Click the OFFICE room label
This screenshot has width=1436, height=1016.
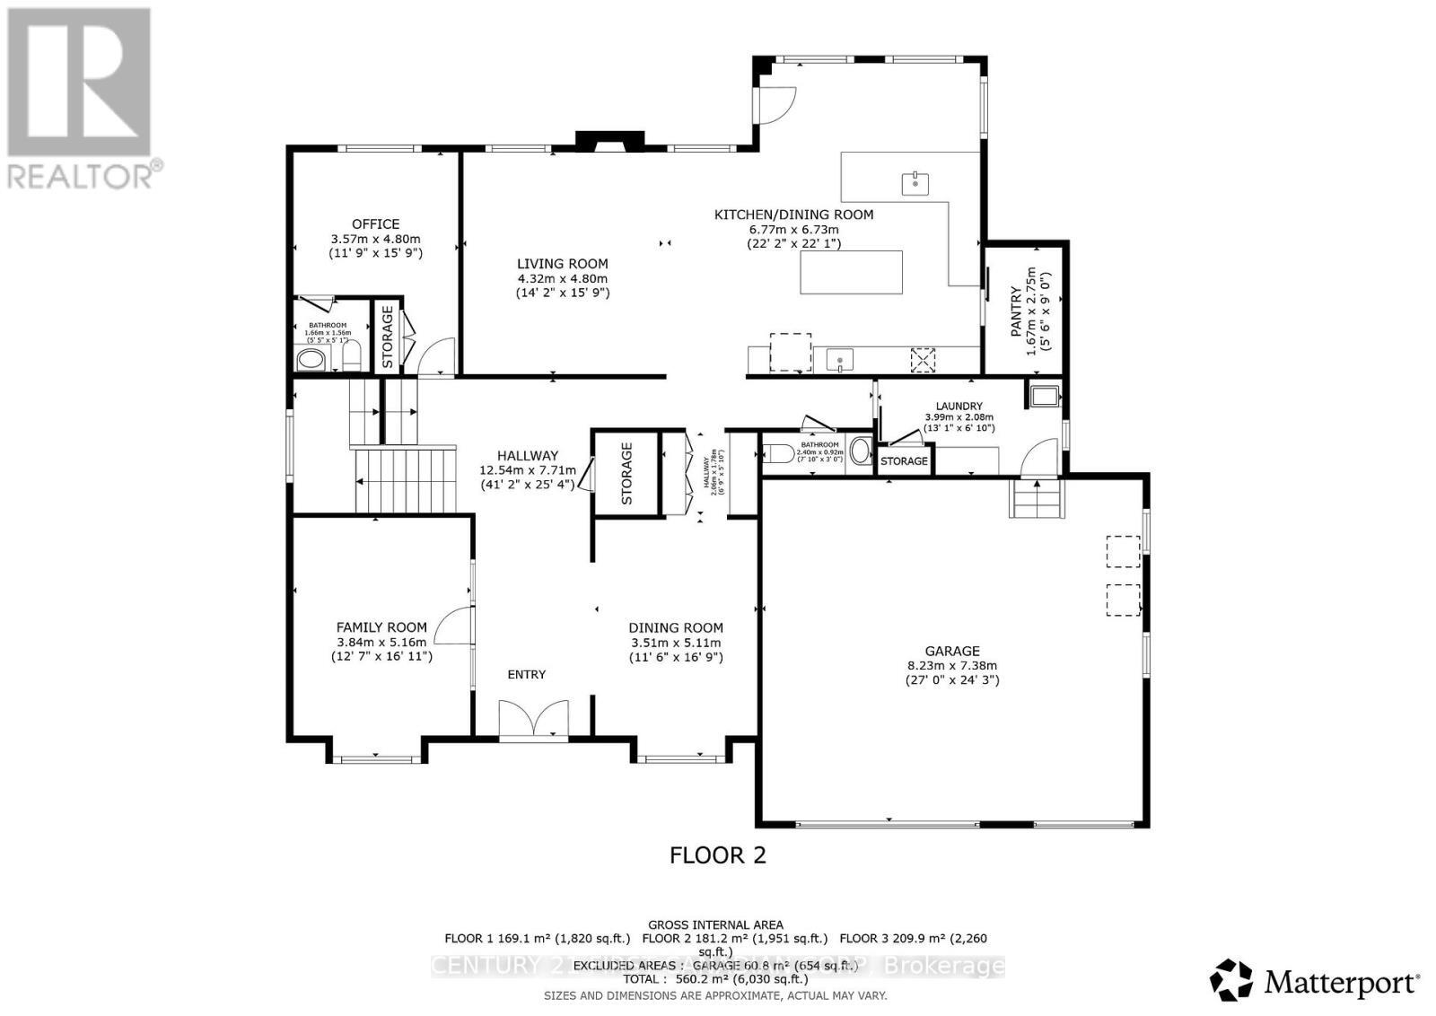click(375, 224)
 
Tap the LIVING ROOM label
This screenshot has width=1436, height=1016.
click(562, 264)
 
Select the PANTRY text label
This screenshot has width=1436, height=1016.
click(1015, 311)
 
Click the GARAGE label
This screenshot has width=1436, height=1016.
click(952, 651)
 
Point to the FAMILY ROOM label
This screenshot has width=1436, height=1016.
click(381, 627)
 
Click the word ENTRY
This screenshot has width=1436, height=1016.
click(526, 674)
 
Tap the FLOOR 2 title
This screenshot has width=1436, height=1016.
click(717, 854)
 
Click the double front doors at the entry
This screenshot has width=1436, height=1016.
click(533, 719)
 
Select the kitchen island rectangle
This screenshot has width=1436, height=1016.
click(851, 272)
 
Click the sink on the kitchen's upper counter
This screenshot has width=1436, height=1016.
click(915, 184)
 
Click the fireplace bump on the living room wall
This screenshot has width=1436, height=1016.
click(610, 140)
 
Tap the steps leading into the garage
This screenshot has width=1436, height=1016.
click(1037, 499)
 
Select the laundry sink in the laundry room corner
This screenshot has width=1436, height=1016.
click(1044, 395)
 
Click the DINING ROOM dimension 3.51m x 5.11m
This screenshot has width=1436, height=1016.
click(675, 643)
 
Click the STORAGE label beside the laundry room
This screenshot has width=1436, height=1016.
click(904, 460)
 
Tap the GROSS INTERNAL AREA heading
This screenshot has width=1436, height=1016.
click(715, 924)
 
